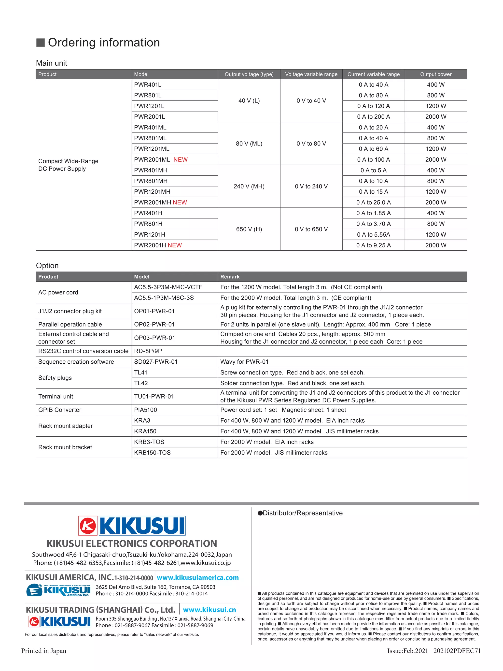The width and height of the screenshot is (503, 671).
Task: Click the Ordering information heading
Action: coord(104,43)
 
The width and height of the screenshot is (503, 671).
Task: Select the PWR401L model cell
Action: coord(148,85)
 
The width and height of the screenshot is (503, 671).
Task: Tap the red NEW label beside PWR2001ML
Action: coord(181,159)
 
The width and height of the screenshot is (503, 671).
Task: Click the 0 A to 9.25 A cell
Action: coord(373,245)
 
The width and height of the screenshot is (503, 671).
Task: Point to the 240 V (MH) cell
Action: coord(249,186)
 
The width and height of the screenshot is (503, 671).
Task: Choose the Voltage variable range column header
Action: coord(311,74)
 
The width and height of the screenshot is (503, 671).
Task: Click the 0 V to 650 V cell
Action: coord(311,229)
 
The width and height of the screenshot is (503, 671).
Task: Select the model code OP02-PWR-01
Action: coord(154,324)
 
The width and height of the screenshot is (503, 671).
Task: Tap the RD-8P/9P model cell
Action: coord(148,351)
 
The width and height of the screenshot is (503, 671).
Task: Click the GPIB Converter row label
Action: coord(60,410)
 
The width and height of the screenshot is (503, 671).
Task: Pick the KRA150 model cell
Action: coord(145,431)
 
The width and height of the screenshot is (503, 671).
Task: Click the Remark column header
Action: coord(230,277)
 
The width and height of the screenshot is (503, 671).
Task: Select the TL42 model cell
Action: coord(141,383)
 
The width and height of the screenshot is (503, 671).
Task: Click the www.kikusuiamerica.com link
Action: coord(198,578)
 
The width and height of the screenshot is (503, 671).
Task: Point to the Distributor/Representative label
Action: coord(302,513)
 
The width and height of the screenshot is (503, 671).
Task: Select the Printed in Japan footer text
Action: coord(44,651)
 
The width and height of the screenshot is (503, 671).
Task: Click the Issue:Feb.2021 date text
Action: coord(407,651)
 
